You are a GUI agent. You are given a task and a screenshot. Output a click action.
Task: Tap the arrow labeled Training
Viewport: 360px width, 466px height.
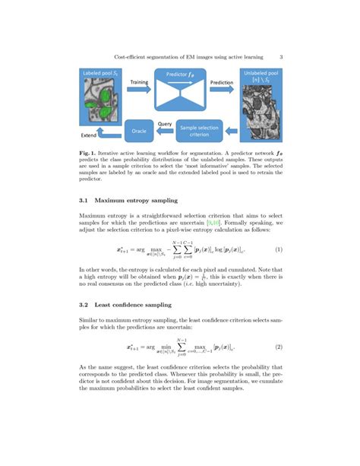tap(139, 90)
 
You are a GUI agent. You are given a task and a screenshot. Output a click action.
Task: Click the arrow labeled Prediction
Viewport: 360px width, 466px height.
tap(221, 90)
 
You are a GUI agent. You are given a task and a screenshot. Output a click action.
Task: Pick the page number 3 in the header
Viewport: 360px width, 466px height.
tap(280, 55)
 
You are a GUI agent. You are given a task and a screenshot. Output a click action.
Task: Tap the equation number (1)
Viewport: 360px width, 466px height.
tap(279, 249)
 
